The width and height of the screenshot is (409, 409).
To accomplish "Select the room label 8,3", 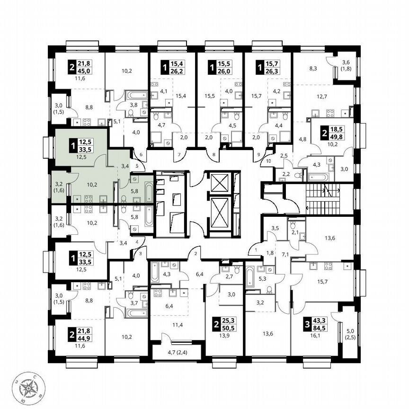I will pyautogui.click(x=313, y=69).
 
